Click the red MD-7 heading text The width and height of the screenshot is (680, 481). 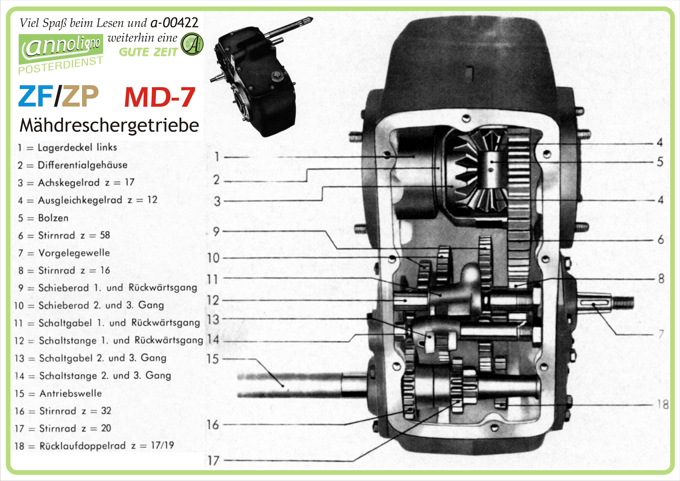click(x=159, y=97)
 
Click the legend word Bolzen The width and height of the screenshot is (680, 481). click(x=53, y=218)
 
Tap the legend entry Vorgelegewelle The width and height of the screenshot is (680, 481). click(x=74, y=253)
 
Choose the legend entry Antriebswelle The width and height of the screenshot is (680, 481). click(x=71, y=393)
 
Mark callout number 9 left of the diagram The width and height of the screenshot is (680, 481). click(x=216, y=232)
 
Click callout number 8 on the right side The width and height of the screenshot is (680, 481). click(x=661, y=279)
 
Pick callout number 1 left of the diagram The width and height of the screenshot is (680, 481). click(x=217, y=156)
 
